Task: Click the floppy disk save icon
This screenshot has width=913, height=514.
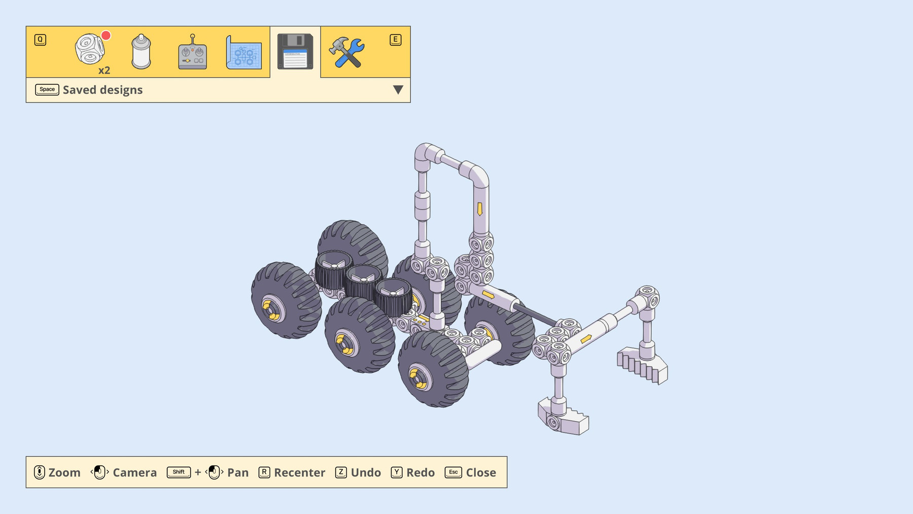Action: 295,51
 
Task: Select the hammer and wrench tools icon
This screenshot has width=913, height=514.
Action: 346,52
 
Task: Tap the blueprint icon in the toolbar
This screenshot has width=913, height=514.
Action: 244,52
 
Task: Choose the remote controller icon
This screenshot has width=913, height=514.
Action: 192,52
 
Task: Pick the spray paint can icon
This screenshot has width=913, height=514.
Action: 141,52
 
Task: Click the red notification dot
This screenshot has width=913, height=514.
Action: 106,36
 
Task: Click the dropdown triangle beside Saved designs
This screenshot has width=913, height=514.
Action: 398,90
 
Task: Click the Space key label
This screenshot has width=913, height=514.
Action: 47,90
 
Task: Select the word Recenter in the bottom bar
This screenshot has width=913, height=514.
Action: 299,472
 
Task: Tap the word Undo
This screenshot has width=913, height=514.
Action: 366,472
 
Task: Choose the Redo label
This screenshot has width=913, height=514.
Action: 420,472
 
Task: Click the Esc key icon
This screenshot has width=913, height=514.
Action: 453,472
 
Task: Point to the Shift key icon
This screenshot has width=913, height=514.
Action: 179,472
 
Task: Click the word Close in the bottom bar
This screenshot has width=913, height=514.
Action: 481,472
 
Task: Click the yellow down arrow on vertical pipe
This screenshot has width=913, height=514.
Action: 480,209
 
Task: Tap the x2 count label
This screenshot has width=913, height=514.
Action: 104,71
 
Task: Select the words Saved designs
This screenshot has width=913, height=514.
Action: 102,90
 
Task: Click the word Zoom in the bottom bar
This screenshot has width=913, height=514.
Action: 64,472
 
